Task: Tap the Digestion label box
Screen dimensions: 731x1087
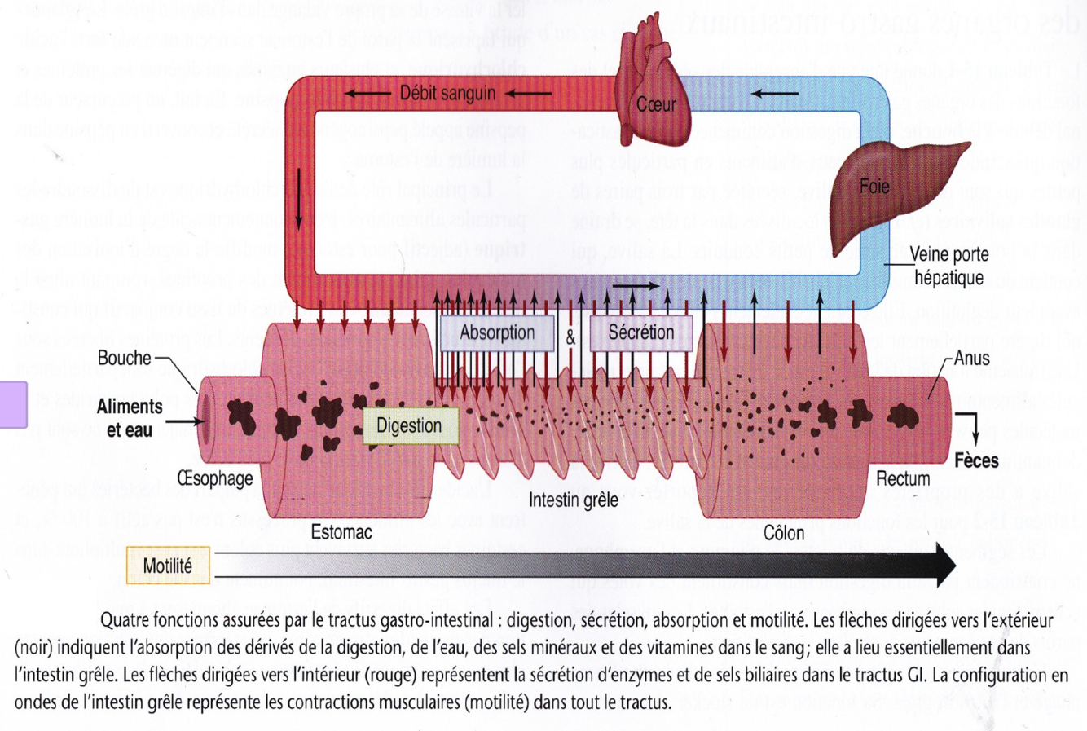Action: [409, 425]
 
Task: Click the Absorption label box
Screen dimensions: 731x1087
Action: [497, 332]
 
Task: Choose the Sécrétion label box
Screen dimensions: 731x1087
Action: [640, 332]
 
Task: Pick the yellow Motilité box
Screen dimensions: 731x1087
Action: [168, 566]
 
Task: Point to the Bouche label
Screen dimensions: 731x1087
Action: [124, 358]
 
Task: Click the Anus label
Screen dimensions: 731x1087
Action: [971, 358]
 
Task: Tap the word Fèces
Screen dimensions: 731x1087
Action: [976, 460]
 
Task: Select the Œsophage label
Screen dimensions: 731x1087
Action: [215, 478]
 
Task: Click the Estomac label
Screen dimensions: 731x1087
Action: [341, 532]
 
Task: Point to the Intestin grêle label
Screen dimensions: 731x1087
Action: [573, 500]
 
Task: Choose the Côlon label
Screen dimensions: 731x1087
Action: [783, 533]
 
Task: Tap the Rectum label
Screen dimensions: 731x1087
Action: [903, 478]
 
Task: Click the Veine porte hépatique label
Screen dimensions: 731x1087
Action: [948, 266]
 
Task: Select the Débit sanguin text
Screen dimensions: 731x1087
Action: [447, 93]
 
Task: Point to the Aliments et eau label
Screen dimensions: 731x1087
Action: [130, 417]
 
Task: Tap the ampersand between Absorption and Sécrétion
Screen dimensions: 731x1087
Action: [570, 336]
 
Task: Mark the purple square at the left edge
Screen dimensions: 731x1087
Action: [13, 404]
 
